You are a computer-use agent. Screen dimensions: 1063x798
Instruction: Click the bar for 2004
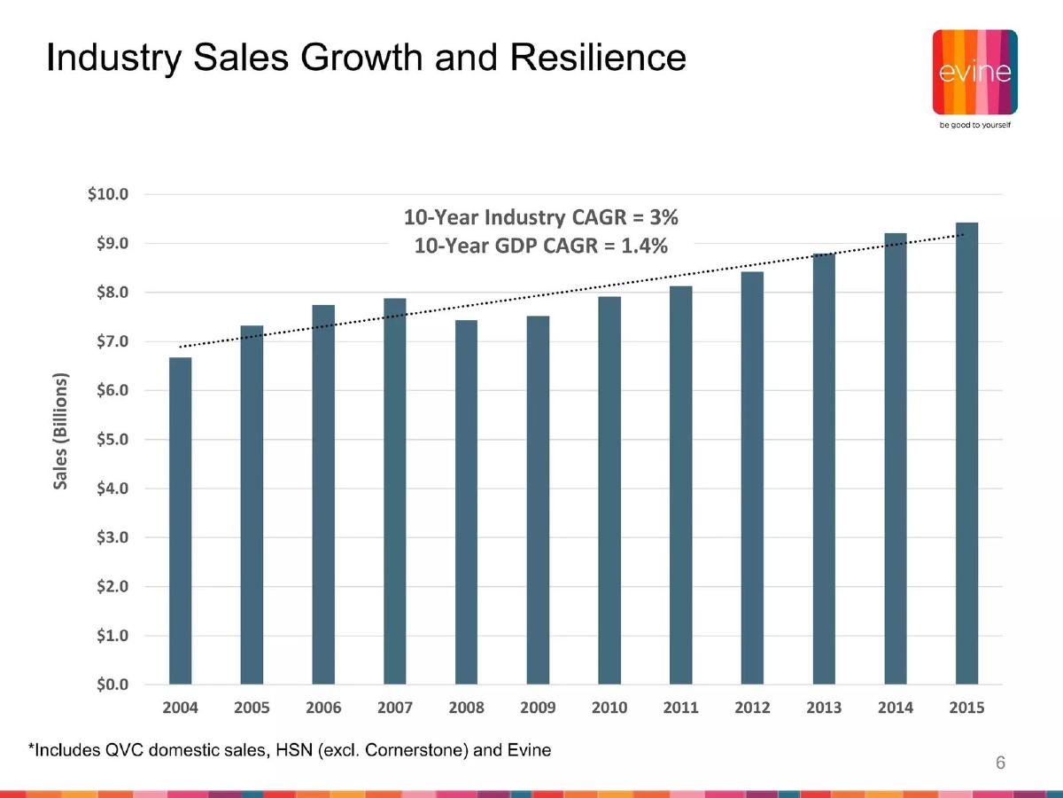point(180,520)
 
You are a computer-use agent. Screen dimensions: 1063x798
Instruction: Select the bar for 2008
point(466,502)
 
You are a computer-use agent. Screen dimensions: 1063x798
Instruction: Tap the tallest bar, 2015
point(966,453)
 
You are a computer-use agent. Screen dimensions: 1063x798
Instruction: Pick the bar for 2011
point(681,485)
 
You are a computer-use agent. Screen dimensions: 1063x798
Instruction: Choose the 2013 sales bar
point(824,468)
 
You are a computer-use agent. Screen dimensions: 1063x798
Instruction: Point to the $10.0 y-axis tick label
point(108,194)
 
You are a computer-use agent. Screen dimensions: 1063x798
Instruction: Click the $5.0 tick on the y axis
point(113,440)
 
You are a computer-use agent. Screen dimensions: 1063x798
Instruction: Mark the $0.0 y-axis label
point(113,685)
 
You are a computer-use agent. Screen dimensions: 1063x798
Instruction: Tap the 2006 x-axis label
point(323,708)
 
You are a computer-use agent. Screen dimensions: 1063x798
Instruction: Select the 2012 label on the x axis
point(752,708)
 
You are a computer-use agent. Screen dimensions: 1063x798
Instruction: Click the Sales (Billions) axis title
point(60,431)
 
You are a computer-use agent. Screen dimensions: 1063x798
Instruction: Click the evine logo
point(975,72)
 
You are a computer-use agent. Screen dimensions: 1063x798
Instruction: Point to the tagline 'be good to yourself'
point(975,125)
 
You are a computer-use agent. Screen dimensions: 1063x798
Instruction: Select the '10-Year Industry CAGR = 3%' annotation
point(541,217)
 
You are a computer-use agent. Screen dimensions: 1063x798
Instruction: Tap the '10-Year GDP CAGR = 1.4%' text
point(541,246)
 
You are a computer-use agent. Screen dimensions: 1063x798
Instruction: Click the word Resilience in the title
point(598,58)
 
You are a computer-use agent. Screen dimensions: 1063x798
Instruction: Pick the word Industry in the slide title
point(114,59)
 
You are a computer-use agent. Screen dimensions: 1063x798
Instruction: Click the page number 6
point(1000,763)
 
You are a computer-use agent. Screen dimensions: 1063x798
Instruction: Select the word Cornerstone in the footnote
point(416,750)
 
